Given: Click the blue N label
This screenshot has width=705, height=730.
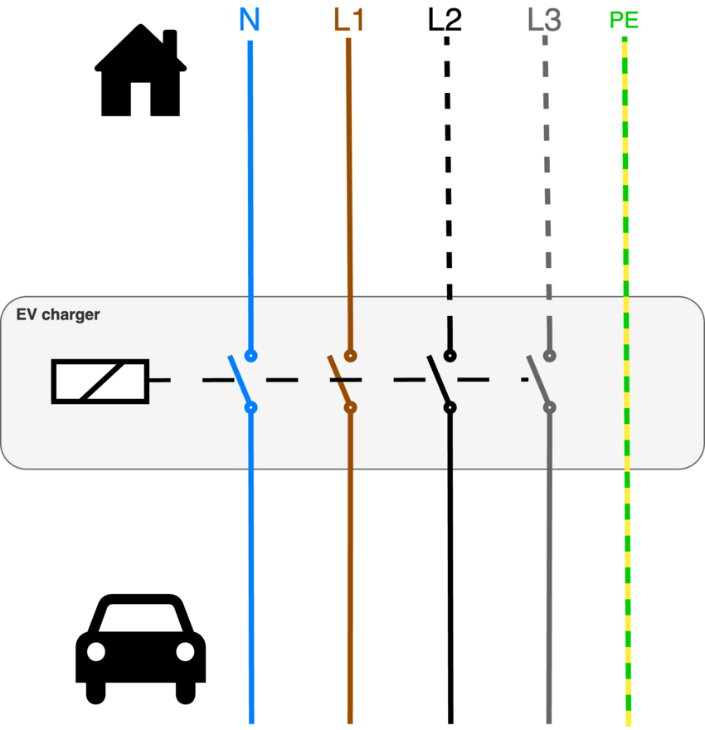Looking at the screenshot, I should point(250,20).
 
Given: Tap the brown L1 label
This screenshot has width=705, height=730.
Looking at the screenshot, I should point(348,20).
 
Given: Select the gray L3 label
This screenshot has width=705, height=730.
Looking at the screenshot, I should point(544,20).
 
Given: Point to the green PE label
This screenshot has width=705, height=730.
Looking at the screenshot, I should point(624,20).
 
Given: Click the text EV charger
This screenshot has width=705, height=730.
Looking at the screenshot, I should point(58,314).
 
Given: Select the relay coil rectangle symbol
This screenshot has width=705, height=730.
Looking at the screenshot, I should point(100,382).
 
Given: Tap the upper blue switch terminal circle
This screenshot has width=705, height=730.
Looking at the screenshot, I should point(250,356).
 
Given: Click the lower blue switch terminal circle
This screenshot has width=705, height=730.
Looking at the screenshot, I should point(250,407).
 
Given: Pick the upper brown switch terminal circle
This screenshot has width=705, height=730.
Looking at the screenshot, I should point(350,356).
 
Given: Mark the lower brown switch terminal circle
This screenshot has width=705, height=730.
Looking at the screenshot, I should point(350,407).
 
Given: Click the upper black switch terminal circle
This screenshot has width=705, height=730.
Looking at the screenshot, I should point(450,356).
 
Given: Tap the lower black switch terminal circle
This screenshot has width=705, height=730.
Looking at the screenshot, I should point(450,407).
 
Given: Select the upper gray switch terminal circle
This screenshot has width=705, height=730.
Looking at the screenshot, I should point(549,356).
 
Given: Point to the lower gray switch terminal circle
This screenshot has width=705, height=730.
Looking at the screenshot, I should point(549,407).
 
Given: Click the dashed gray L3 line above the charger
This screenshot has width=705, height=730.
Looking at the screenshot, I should point(546,166).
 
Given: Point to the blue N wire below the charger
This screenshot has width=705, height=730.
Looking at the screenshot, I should point(250,597).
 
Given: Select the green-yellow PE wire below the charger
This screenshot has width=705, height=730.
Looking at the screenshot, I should point(628,597).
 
